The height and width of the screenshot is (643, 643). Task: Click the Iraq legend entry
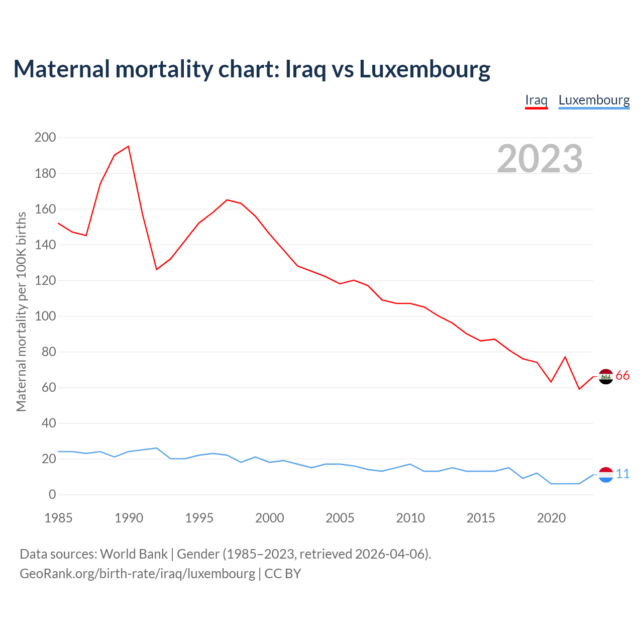(536, 100)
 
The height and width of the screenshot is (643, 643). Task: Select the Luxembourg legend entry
(594, 100)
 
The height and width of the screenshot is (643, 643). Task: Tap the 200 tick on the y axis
(45, 137)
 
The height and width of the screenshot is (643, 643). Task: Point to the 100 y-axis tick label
(45, 316)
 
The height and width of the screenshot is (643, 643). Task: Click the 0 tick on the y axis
(52, 495)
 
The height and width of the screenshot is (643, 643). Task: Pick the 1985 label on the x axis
(58, 518)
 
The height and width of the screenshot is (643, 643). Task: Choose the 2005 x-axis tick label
(340, 518)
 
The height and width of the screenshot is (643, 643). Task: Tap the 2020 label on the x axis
(551, 518)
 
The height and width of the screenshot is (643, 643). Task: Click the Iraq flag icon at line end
(606, 376)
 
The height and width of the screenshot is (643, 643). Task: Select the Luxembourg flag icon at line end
(606, 474)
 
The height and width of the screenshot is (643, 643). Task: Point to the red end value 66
(622, 376)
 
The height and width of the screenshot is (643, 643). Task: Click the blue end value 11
(622, 474)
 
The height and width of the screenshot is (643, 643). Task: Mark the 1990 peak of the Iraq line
(129, 146)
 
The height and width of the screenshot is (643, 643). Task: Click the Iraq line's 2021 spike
(565, 357)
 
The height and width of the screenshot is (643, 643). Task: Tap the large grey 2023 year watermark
(540, 159)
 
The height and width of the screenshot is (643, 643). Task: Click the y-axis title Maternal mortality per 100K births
(21, 311)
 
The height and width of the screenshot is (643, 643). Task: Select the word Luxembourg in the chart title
(424, 69)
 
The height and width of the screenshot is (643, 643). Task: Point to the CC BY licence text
(282, 573)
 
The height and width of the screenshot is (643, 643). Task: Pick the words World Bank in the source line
(134, 554)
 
